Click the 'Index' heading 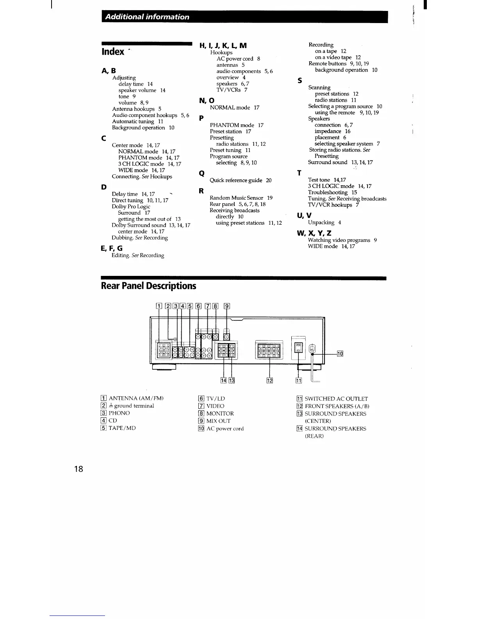pos(112,52)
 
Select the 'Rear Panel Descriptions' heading pos(148,286)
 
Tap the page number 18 pos(78,469)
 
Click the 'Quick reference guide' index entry pos(240,180)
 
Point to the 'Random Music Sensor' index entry pos(236,198)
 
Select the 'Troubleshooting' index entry pos(327,192)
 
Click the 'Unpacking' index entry pos(321,222)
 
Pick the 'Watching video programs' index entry pos(339,240)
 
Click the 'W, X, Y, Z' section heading pos(314,233)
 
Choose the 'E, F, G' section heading pos(112,248)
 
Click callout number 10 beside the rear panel pos(340,354)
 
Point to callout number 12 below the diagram pos(269,380)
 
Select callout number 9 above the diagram pos(227,306)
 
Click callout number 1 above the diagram pos(159,306)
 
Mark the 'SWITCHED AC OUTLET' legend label pos(336,399)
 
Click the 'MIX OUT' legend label pos(218,421)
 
